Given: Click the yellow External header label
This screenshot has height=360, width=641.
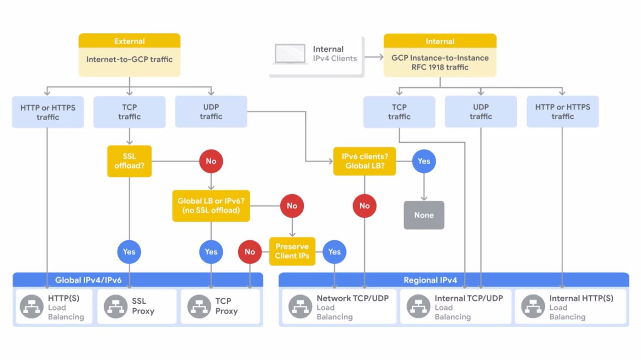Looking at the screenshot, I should tap(129, 41).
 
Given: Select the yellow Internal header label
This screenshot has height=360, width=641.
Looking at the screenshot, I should tap(440, 41).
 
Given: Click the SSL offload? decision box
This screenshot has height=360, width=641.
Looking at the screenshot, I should tap(129, 161).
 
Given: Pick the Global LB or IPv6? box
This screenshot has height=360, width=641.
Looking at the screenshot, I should tap(211, 206).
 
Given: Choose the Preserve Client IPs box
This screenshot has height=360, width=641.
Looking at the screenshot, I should tap(292, 251).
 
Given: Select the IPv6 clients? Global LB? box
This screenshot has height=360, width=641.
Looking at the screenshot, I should tap(364, 161).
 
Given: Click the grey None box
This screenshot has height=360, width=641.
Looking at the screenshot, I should tap(423, 215).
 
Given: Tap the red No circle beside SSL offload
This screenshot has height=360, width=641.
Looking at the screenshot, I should tap(211, 161).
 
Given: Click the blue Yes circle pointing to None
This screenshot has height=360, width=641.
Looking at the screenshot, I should tap(423, 161).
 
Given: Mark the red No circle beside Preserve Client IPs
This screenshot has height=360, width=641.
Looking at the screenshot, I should tap(250, 251).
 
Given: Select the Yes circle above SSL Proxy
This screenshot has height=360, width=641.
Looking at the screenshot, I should tap(129, 251).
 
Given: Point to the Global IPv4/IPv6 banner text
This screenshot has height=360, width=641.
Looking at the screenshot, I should tap(88, 280).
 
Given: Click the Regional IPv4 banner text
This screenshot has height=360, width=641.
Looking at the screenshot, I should tap(430, 280).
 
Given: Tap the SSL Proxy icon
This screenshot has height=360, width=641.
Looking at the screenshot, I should tap(115, 306).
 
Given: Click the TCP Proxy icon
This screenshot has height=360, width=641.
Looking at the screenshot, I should tap(199, 306).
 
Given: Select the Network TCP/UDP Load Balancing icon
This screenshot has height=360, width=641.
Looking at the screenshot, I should tap(300, 306).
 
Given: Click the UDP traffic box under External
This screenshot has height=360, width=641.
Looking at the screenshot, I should tap(211, 112).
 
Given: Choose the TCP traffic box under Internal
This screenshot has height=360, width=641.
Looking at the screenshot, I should tap(399, 112).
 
